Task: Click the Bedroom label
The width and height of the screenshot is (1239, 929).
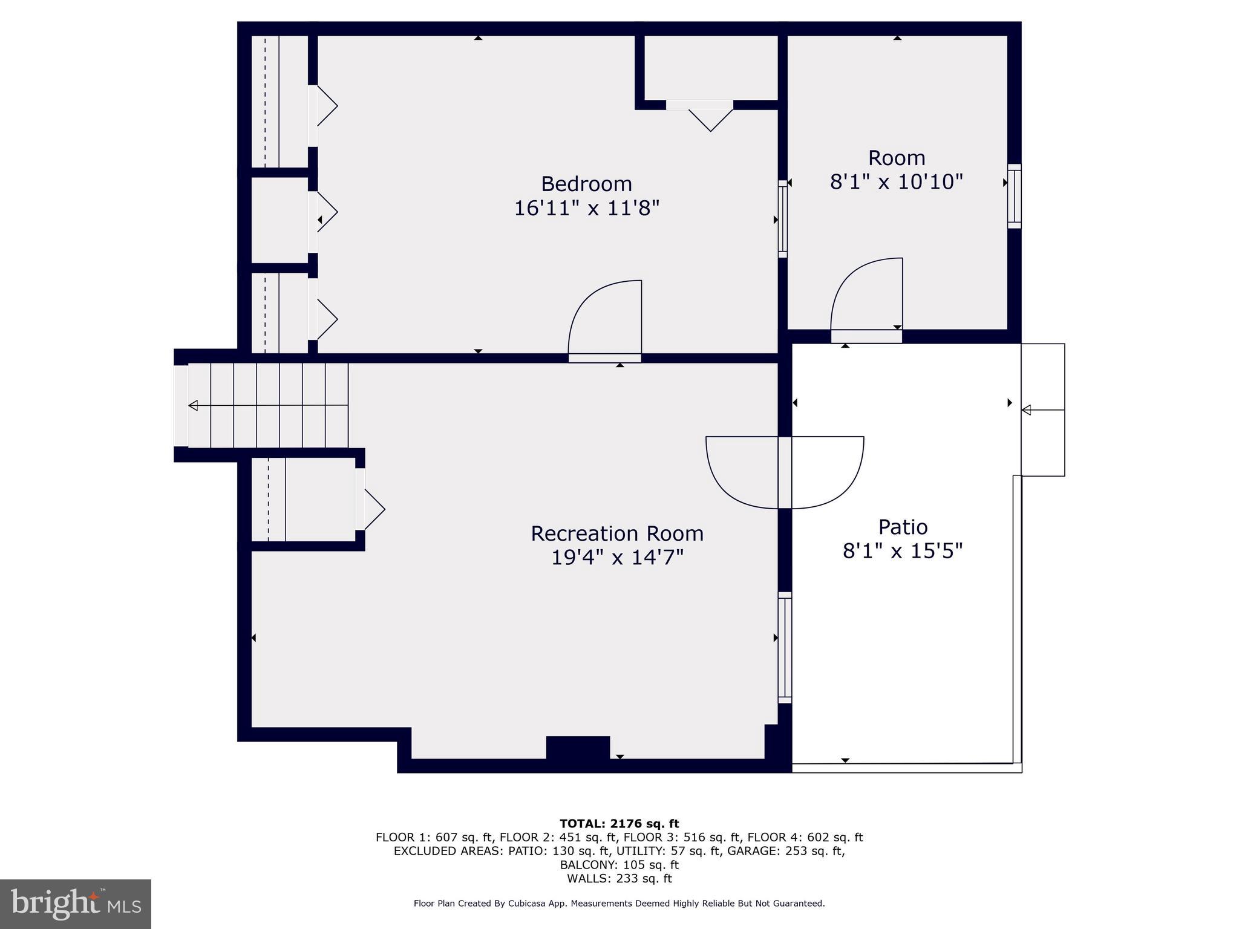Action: click(x=586, y=184)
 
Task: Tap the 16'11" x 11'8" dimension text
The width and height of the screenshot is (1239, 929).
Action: click(x=586, y=208)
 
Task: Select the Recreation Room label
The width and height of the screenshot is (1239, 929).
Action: click(x=617, y=533)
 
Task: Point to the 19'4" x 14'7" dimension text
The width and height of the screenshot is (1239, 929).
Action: click(x=617, y=557)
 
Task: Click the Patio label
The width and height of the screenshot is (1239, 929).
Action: click(x=903, y=527)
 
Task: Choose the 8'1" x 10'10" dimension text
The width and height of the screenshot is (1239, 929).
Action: click(x=896, y=181)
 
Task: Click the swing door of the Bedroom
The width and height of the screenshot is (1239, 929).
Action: click(x=605, y=321)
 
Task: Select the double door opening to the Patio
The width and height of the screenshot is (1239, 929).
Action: click(x=785, y=472)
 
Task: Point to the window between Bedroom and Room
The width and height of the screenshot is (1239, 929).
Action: click(x=782, y=219)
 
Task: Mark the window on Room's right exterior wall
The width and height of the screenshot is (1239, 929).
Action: click(x=1014, y=196)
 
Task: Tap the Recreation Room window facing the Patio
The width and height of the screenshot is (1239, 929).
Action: click(x=784, y=647)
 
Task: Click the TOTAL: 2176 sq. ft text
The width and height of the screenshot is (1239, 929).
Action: click(x=619, y=823)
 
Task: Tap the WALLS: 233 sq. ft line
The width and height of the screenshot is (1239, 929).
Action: click(x=619, y=878)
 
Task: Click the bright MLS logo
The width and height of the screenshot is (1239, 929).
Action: click(x=76, y=904)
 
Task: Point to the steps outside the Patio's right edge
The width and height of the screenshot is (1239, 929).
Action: click(x=1042, y=410)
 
